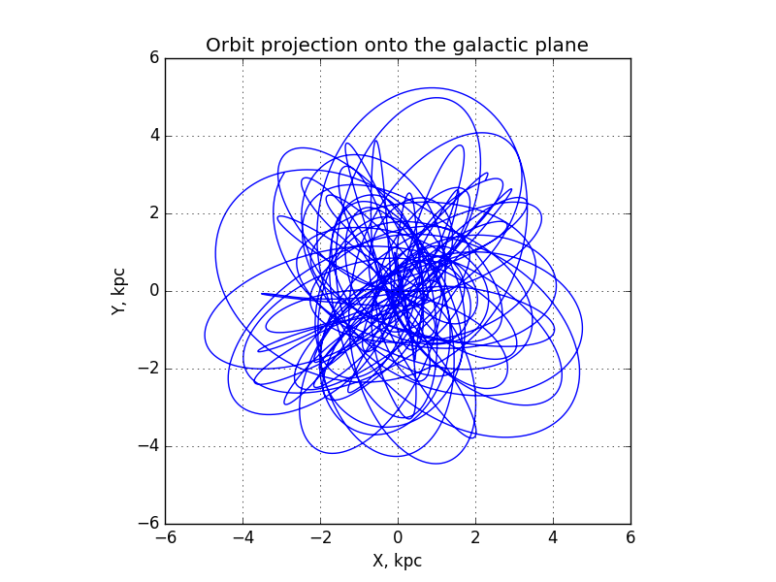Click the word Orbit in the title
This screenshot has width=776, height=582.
pos(231,45)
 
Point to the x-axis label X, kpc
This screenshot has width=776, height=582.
pos(398,561)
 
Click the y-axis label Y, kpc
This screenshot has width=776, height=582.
pos(118,292)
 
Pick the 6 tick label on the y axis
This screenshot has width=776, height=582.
pos(154,58)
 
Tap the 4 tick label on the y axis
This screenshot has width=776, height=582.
pos(154,136)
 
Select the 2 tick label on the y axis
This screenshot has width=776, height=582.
pos(154,213)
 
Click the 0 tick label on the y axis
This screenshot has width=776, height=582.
pos(154,291)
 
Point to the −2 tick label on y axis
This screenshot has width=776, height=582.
pos(148,369)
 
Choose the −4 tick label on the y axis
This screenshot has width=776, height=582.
pos(148,446)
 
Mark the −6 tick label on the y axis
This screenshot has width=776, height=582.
pos(148,524)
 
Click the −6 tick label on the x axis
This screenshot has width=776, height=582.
pos(165,538)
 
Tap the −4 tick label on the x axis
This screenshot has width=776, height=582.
pos(243,538)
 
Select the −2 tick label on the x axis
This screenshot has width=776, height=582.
pos(321,538)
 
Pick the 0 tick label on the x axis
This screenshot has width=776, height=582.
pos(398,538)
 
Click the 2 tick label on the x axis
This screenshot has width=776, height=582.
pos(475,538)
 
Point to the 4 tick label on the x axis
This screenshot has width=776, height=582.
pos(553,538)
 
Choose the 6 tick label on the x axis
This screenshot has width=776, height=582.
pos(630,538)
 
